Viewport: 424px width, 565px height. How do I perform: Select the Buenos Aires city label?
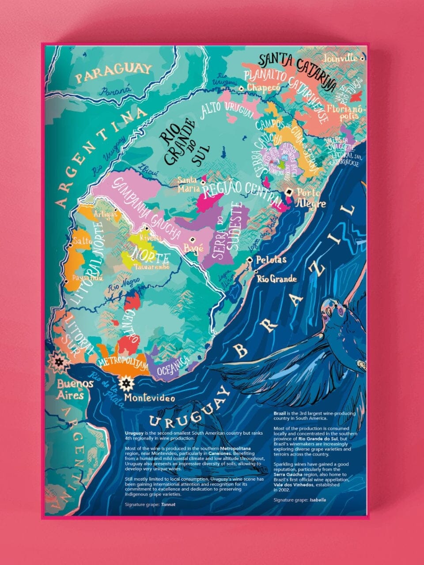75,389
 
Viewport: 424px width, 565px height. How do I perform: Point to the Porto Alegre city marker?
289,192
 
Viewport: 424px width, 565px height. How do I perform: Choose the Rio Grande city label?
277,279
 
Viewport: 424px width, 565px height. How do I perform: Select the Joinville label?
340,58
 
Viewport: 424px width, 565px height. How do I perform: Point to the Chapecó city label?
263,87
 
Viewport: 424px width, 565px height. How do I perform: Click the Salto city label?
83,241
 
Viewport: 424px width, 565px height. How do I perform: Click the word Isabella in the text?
318,500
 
